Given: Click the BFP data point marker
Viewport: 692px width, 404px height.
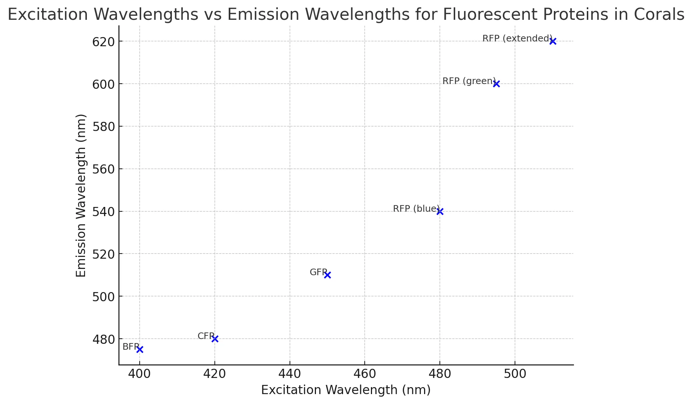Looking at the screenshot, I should tap(140, 349).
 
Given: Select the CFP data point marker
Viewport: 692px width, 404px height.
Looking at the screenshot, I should tap(215, 339).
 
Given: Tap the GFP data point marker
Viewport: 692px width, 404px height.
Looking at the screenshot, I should tap(327, 275).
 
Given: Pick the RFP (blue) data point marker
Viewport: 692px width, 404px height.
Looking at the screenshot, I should tap(440, 211).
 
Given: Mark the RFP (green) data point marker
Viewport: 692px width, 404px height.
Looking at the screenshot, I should tap(496, 84).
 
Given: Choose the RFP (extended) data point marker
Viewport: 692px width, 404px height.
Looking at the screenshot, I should tap(553, 41).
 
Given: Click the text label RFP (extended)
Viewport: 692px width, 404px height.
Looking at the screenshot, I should tap(517, 39).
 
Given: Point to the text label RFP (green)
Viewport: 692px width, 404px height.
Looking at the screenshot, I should tap(469, 81).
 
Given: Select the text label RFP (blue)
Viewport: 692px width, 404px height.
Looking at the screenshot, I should tap(416, 209).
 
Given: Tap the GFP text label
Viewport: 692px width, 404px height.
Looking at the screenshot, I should tap(318, 272).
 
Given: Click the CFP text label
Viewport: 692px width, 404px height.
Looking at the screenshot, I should tap(206, 336).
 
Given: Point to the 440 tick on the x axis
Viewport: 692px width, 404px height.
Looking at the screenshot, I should tap(290, 374).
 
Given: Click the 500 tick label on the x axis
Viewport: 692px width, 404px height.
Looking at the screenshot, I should tap(515, 374).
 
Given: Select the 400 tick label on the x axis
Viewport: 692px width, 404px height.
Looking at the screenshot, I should tap(140, 374).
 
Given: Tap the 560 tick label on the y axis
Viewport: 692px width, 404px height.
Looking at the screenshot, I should tap(103, 169).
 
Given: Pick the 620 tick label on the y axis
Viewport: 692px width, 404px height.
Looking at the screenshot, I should tap(103, 42).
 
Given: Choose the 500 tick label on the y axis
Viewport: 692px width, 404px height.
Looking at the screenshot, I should tap(103, 296).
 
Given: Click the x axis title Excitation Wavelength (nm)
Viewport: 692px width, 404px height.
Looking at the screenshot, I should tap(346, 390).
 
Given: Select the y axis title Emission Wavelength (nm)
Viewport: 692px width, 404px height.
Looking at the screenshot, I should tap(81, 195).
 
